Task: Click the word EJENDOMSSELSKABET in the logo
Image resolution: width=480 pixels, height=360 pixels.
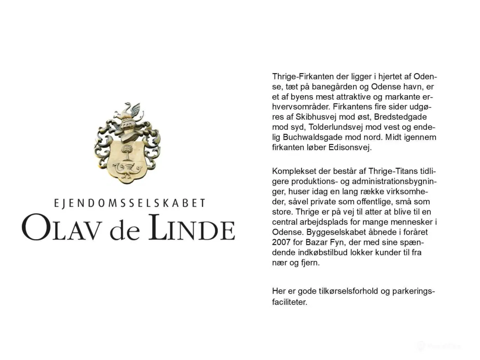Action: (x=130, y=203)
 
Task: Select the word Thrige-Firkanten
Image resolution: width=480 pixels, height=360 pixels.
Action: (x=303, y=76)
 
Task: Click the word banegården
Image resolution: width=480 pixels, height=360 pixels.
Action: (x=328, y=87)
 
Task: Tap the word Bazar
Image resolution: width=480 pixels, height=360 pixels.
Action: (x=317, y=242)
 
